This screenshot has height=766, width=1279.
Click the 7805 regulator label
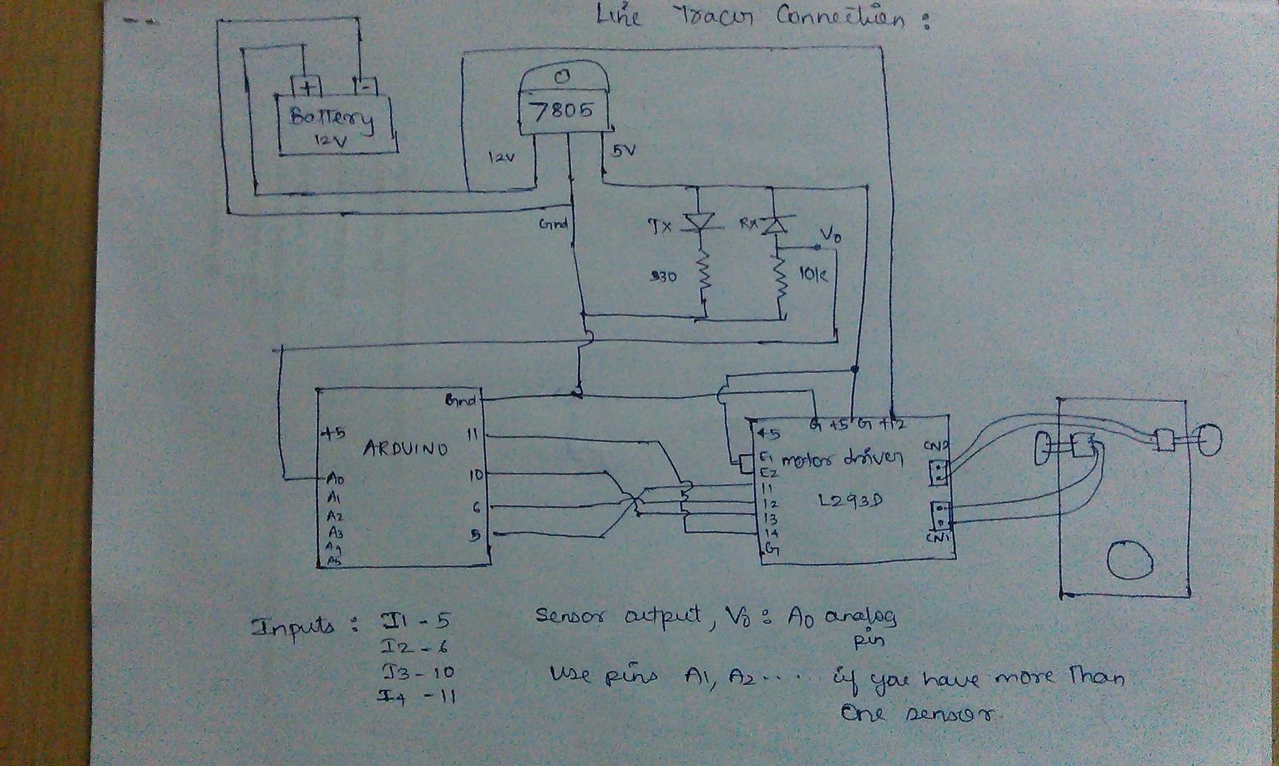click(561, 111)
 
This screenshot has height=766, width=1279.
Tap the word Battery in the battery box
click(332, 118)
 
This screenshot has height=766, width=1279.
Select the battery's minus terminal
click(365, 87)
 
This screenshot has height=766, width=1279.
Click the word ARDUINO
click(405, 448)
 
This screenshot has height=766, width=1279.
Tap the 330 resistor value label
click(663, 277)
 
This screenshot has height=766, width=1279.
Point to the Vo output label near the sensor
click(831, 236)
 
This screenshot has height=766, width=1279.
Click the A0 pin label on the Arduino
click(335, 480)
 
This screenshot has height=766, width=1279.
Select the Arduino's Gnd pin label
click(461, 401)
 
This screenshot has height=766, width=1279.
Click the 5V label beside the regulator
click(623, 150)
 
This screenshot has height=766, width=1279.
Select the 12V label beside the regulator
click(500, 157)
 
